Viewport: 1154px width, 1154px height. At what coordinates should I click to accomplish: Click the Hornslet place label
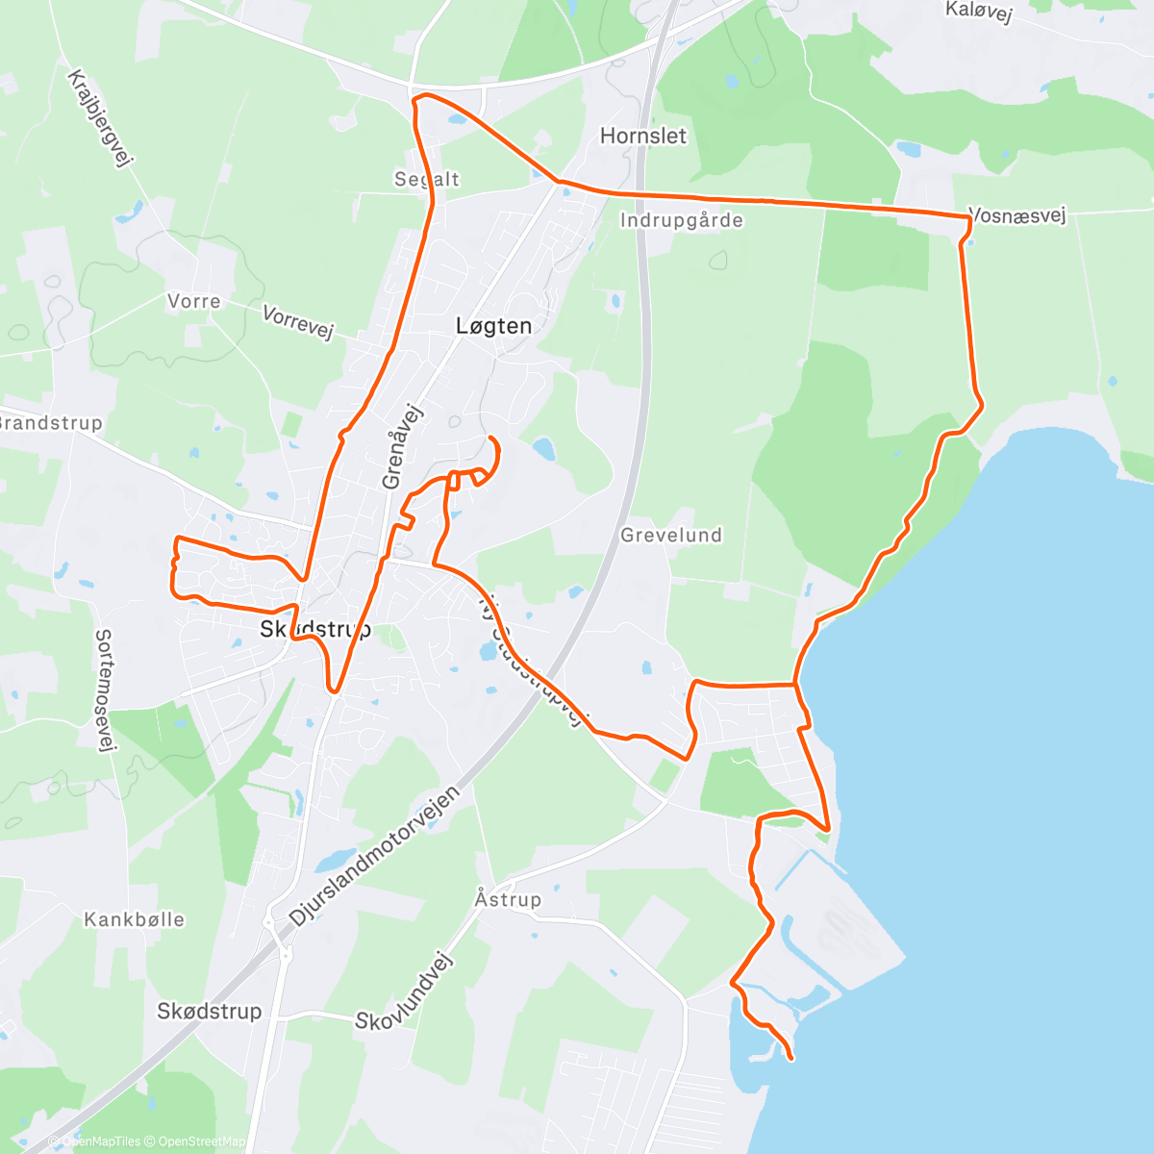pyautogui.click(x=643, y=136)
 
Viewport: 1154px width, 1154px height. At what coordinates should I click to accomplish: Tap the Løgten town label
pyautogui.click(x=493, y=326)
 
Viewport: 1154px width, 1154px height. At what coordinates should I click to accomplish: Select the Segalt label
pyautogui.click(x=427, y=179)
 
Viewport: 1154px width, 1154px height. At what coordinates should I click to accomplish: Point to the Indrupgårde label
pyautogui.click(x=682, y=220)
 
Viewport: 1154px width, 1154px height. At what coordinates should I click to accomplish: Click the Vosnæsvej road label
pyautogui.click(x=1018, y=215)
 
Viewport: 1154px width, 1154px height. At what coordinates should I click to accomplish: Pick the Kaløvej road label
pyautogui.click(x=979, y=12)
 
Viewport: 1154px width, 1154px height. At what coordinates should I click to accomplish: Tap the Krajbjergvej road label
pyautogui.click(x=99, y=118)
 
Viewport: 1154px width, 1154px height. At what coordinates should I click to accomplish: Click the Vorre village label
pyautogui.click(x=193, y=301)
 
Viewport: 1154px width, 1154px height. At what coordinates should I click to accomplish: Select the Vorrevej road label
pyautogui.click(x=298, y=322)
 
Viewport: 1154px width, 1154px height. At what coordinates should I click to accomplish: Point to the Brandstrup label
pyautogui.click(x=50, y=422)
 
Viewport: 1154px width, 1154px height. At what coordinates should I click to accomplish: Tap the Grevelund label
pyautogui.click(x=671, y=535)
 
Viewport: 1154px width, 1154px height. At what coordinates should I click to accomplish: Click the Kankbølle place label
pyautogui.click(x=134, y=919)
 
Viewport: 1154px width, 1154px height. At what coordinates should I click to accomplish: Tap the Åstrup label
pyautogui.click(x=508, y=899)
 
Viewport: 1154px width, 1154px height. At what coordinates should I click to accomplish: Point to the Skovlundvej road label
pyautogui.click(x=403, y=991)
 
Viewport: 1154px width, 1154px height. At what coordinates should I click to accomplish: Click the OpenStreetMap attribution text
pyautogui.click(x=201, y=1141)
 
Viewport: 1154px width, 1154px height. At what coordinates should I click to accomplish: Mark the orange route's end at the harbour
pyautogui.click(x=790, y=1059)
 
